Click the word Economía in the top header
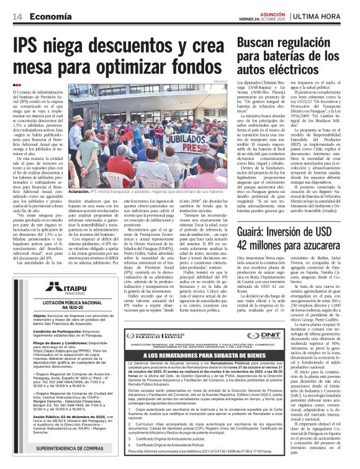49,16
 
